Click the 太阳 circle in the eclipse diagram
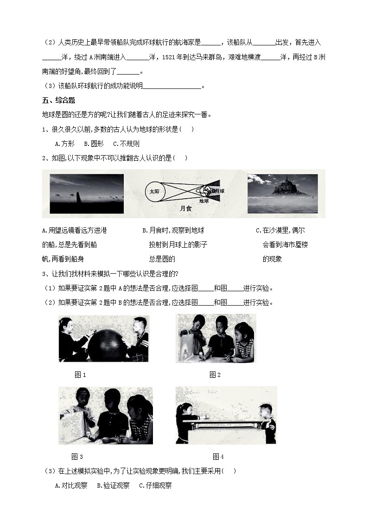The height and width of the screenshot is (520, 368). [154, 191]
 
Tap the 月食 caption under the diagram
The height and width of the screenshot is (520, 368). [185, 209]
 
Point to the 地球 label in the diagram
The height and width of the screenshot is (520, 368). [204, 201]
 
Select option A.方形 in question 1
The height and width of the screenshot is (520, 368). [64, 144]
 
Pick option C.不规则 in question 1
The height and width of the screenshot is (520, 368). [126, 144]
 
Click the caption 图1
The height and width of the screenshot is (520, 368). [81, 375]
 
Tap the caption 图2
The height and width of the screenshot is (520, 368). [215, 375]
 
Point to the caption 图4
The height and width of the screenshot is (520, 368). [218, 457]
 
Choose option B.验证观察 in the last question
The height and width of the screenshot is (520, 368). [113, 486]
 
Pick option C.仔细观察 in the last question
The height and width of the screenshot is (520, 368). [155, 486]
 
